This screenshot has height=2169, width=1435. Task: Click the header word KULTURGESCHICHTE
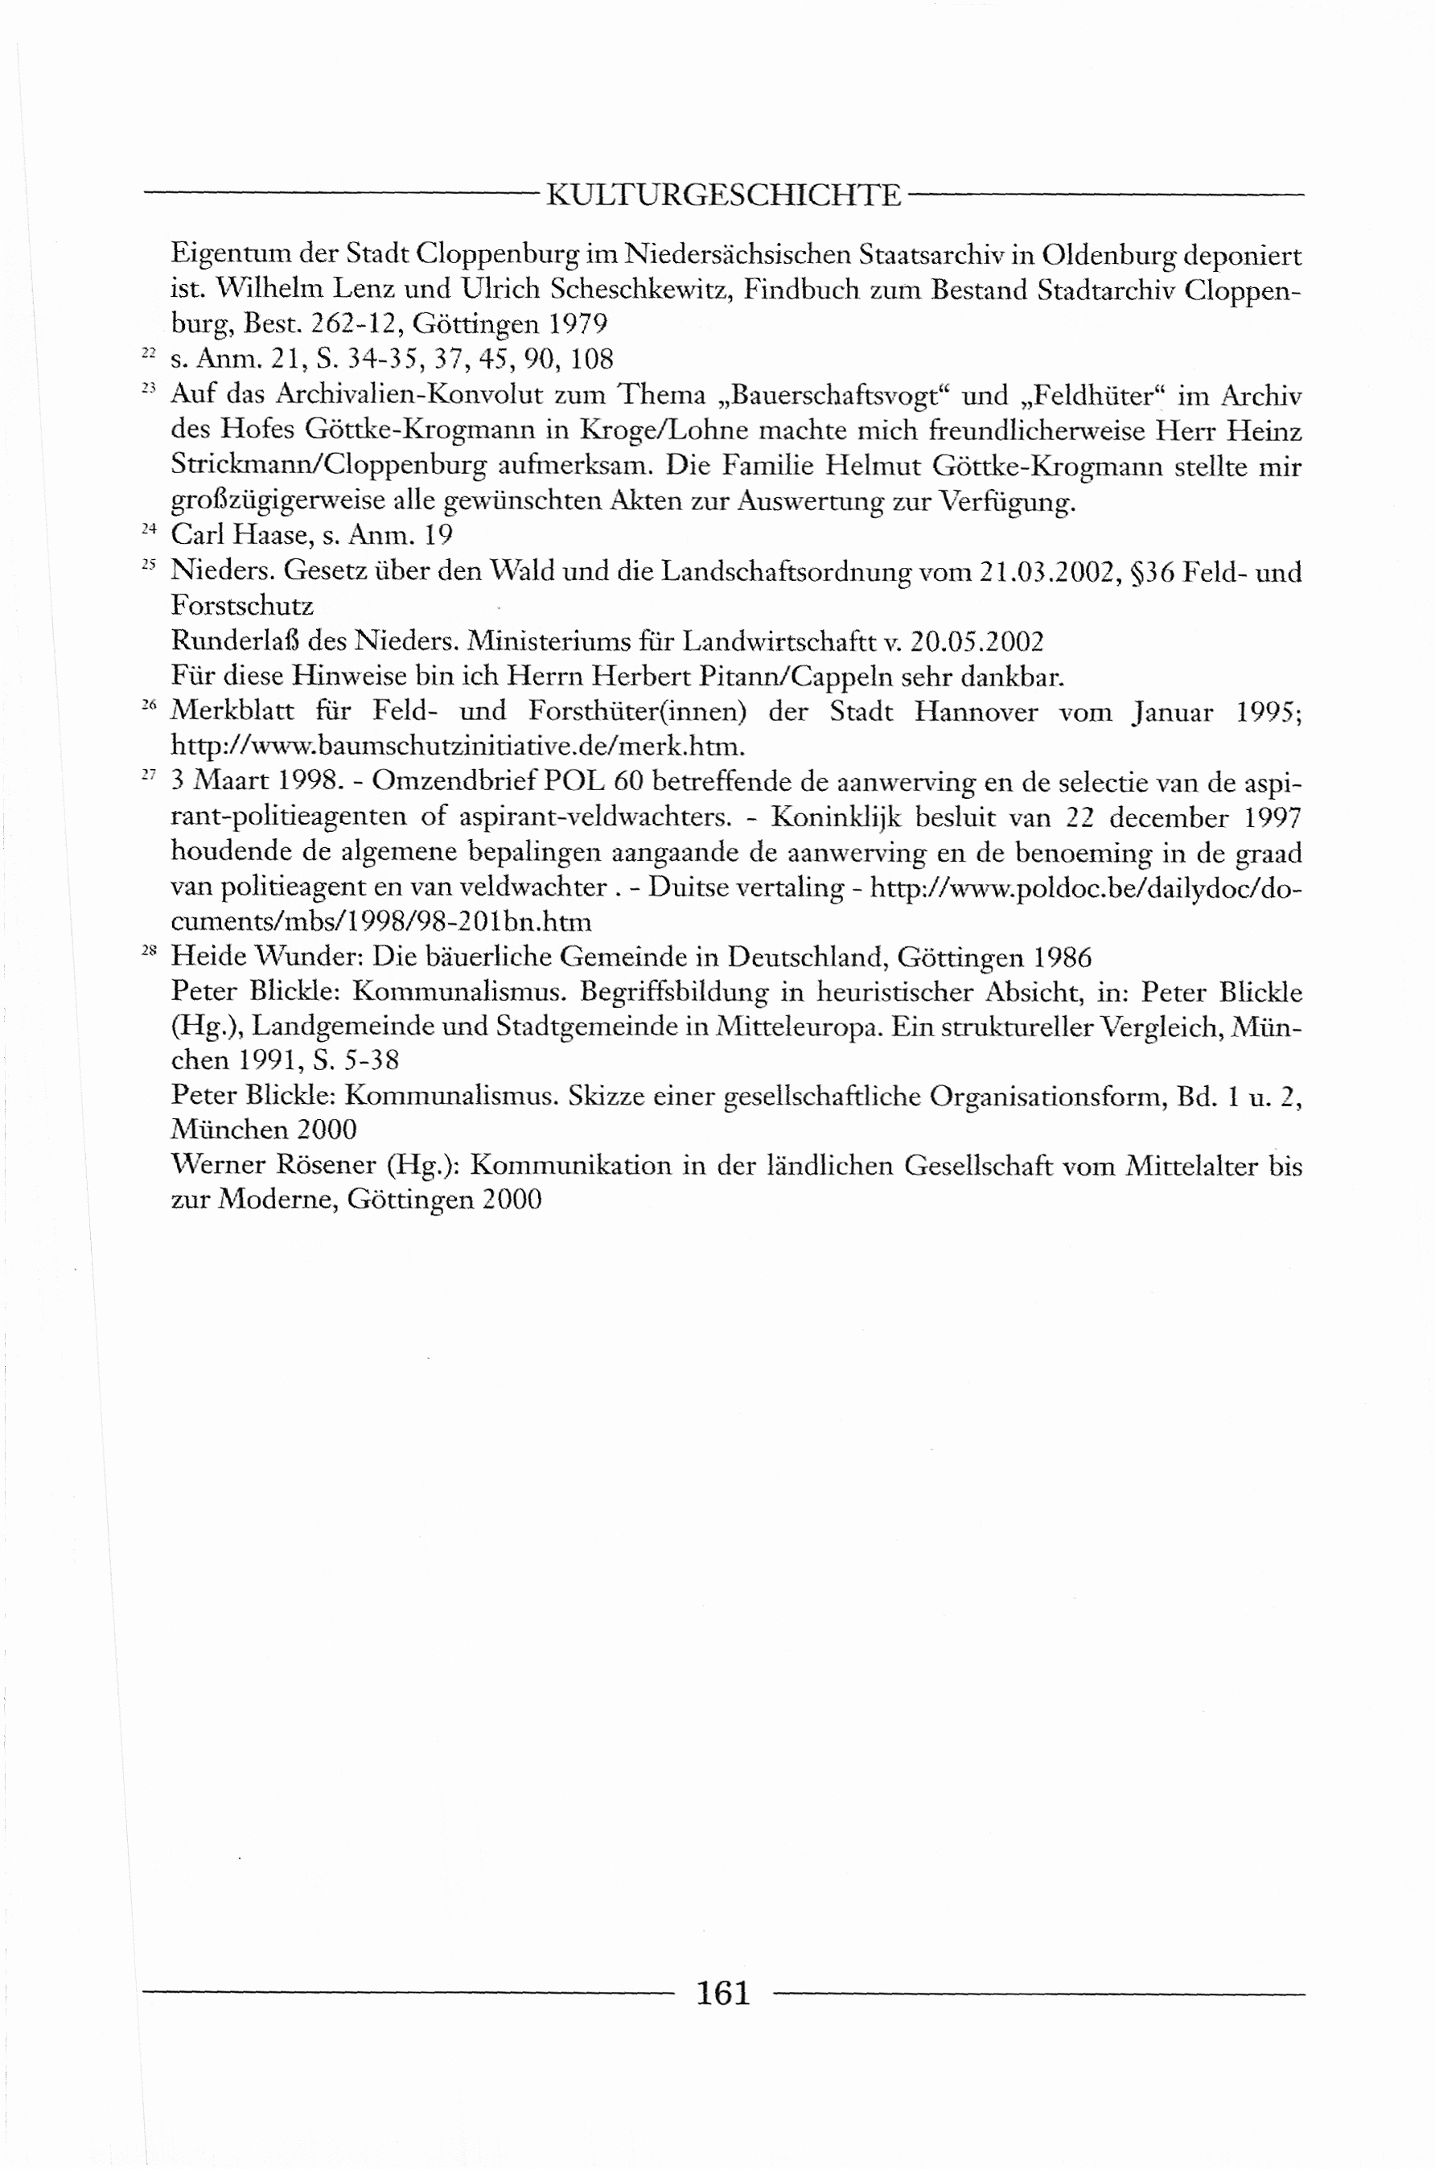(723, 195)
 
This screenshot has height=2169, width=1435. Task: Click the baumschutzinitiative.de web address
(458, 746)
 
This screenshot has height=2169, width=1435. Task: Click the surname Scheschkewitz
(639, 290)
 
